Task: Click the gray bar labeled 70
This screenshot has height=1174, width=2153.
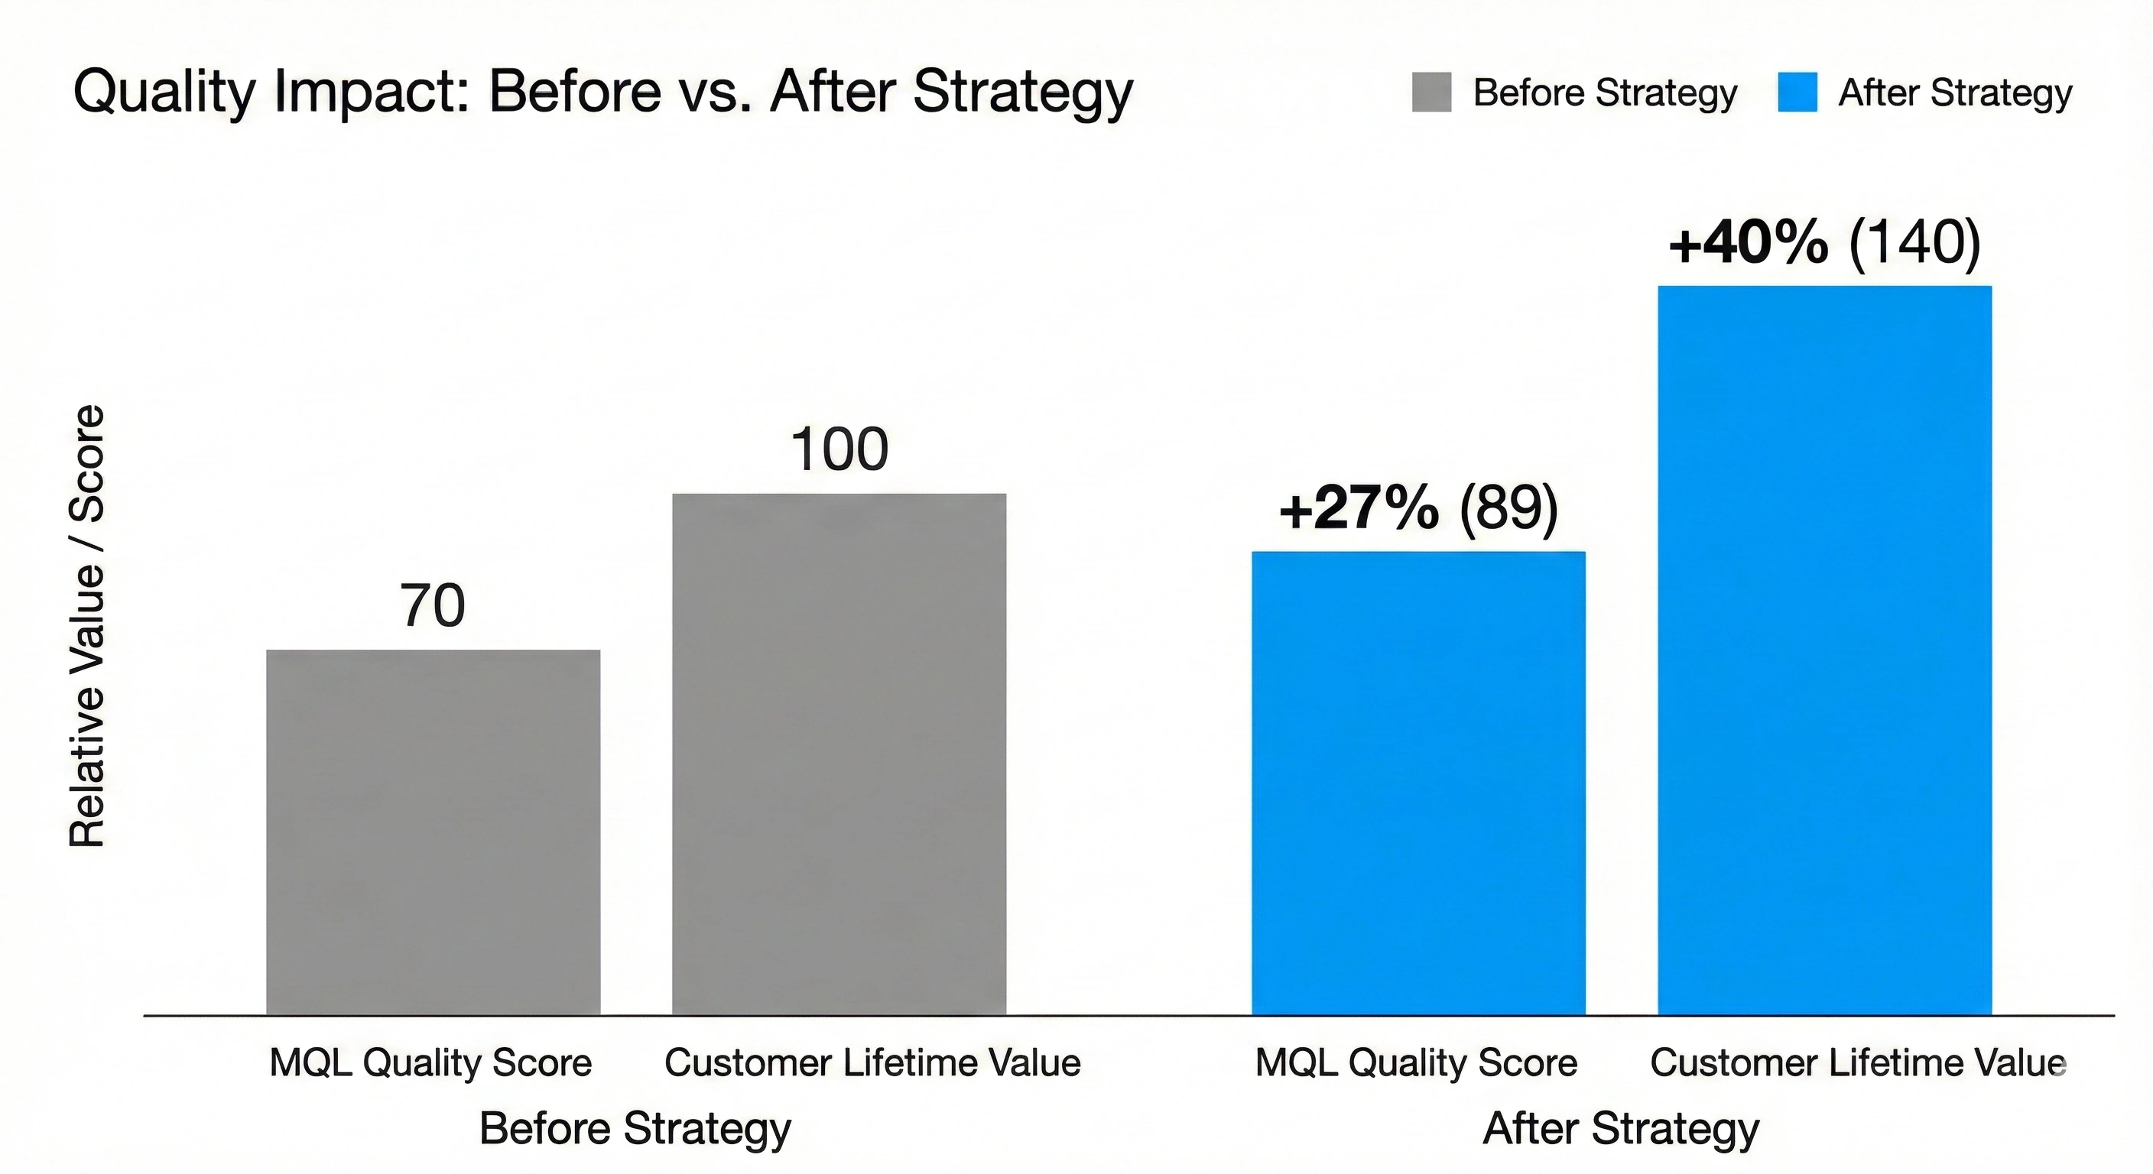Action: [433, 832]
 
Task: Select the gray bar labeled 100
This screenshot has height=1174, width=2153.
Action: [839, 754]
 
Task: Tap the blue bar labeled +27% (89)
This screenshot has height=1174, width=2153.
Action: [1417, 783]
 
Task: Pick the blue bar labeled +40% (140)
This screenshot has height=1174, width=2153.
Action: [1824, 650]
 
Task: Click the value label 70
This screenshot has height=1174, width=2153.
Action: [433, 605]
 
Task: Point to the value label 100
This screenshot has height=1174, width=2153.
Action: [839, 449]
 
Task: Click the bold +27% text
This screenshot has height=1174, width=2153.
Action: [1359, 508]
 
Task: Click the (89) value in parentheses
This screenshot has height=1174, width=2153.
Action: [1508, 508]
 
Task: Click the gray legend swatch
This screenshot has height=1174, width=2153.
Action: [1432, 92]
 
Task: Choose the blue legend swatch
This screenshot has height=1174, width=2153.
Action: [1797, 92]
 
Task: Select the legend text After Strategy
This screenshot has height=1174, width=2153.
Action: [1955, 92]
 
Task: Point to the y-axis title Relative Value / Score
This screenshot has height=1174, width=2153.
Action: [87, 627]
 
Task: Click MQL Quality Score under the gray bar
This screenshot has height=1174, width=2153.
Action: [430, 1063]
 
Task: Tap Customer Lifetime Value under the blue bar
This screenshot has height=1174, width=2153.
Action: [1858, 1063]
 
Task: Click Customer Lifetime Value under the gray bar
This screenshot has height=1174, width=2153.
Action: [872, 1063]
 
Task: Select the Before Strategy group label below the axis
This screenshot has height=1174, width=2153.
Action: [635, 1129]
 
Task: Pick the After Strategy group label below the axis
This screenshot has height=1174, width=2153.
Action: [1622, 1129]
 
